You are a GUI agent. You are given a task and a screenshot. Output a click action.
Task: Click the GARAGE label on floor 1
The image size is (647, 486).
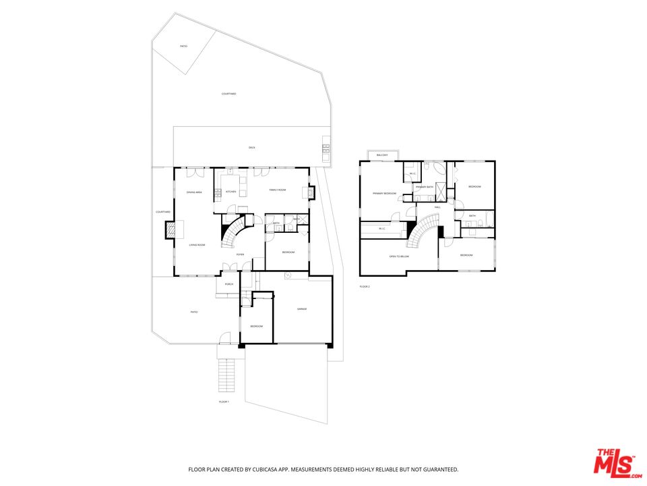point(302,309)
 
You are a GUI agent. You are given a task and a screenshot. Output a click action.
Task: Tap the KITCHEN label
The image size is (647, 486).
point(230,192)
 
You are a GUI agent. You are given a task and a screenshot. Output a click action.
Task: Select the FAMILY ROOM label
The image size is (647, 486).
point(278,190)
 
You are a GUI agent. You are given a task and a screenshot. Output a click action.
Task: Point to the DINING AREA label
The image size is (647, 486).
point(194,193)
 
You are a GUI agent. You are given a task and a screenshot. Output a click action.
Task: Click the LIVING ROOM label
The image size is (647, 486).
point(196,245)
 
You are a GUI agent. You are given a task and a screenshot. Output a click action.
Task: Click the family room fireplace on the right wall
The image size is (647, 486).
point(311,193)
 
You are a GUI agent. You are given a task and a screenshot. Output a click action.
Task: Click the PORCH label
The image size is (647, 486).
point(229,284)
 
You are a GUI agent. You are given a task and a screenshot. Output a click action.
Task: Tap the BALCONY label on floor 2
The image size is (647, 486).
point(382,155)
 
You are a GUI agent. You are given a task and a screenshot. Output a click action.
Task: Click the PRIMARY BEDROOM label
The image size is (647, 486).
point(385,194)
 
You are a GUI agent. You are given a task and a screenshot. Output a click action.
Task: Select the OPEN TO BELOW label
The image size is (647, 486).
point(400,256)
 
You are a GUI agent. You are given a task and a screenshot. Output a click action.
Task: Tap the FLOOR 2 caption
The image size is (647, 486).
point(365,287)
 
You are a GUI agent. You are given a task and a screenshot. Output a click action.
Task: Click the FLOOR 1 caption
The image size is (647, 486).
point(224,402)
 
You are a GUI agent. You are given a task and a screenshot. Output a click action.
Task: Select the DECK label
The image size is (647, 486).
point(251,147)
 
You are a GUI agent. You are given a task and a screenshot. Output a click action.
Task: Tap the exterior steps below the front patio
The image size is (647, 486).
point(226,375)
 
